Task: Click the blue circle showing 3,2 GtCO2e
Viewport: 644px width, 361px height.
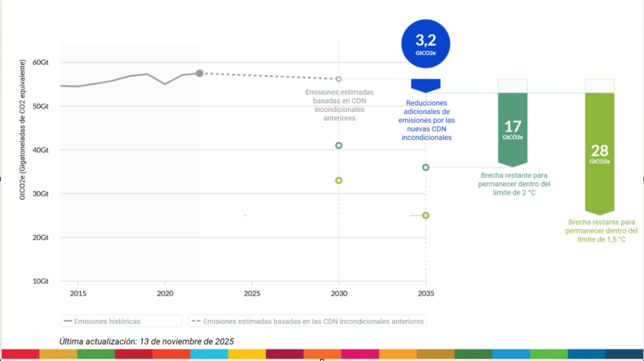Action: point(425,44)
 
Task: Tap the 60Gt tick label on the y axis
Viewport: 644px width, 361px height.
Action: point(40,62)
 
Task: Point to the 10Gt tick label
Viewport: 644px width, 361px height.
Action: point(40,281)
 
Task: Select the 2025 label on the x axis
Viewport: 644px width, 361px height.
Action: point(252,293)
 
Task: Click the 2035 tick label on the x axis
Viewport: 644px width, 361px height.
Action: point(426,293)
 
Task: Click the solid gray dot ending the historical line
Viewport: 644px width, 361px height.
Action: point(200,73)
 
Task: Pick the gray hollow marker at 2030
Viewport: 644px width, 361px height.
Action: point(338,79)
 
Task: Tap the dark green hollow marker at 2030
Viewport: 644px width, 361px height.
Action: point(338,145)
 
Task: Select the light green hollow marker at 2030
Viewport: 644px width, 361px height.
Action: point(338,180)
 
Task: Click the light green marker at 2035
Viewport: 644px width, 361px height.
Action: point(426,216)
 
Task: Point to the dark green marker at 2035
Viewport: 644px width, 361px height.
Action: point(426,167)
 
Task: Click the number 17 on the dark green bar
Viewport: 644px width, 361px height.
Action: point(512,127)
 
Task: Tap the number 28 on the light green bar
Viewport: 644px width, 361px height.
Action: point(599,151)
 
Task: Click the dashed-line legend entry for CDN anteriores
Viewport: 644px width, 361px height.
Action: point(308,321)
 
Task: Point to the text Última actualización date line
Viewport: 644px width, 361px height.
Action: point(147,342)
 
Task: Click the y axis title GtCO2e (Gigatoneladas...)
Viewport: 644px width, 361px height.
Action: point(22,130)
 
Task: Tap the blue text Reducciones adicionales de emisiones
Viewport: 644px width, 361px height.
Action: point(427,120)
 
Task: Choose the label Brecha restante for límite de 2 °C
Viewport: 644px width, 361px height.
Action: point(514,184)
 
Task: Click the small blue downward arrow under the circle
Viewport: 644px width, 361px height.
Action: point(426,85)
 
